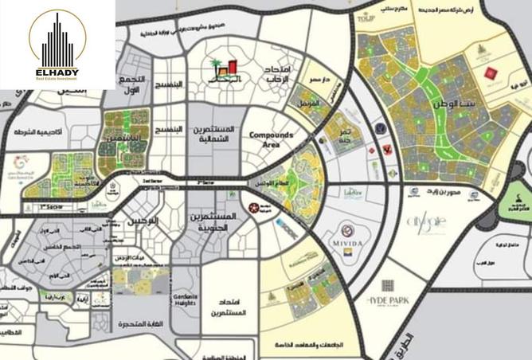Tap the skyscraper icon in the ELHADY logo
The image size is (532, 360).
57,38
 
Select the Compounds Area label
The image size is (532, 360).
272,139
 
